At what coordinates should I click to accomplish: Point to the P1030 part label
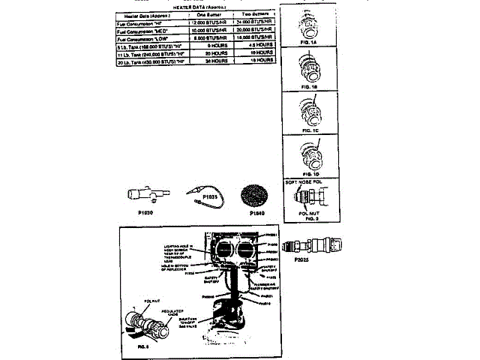(x=146, y=212)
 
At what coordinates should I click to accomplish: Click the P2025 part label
(x=303, y=258)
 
